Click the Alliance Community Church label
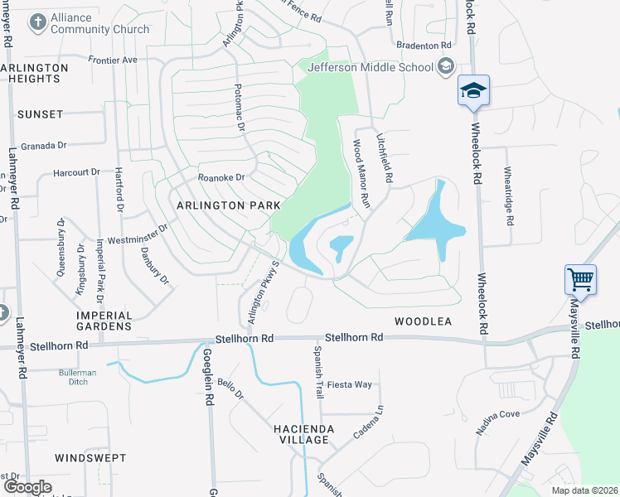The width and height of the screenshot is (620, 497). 99,23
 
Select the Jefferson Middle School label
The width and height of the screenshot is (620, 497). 370,68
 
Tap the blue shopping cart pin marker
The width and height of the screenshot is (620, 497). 580,279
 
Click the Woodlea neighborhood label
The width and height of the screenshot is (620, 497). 423,321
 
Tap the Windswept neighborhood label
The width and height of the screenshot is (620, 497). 90,457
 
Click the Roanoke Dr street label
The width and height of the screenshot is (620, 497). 221,177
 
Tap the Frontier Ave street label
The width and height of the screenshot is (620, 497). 113,60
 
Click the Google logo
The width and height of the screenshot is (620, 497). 27,487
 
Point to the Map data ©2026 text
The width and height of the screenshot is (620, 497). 584,490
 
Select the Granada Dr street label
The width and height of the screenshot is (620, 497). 43,145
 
